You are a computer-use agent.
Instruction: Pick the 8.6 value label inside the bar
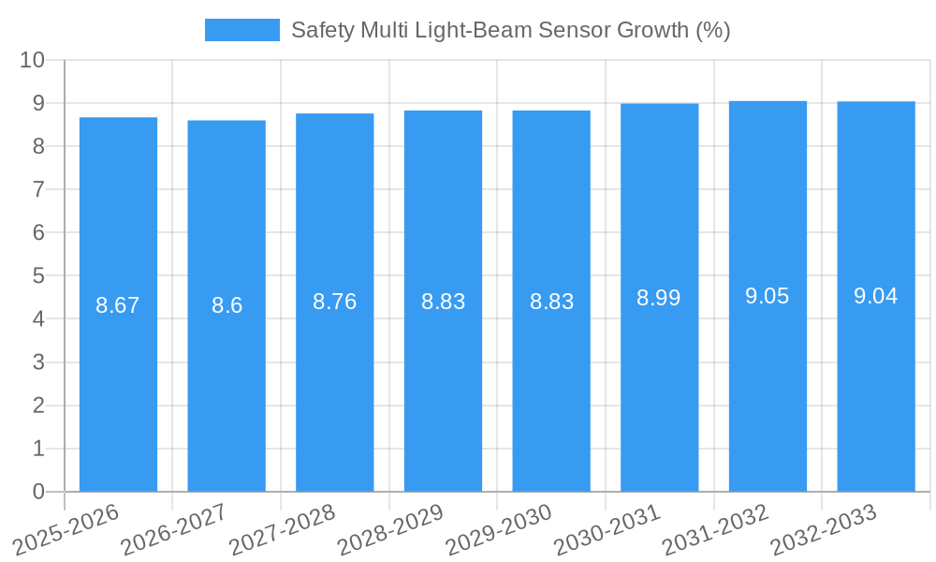(x=227, y=305)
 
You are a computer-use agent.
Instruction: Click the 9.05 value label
(x=768, y=297)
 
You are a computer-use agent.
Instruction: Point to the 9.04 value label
(x=875, y=297)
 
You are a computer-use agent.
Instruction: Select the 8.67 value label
(x=118, y=305)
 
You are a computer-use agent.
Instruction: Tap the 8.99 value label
(x=659, y=298)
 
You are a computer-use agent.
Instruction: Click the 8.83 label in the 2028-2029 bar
(x=443, y=302)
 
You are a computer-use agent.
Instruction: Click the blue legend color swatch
(x=241, y=30)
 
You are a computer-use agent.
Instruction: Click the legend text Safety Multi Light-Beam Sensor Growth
(x=510, y=30)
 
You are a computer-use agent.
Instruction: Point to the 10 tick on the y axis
(x=33, y=60)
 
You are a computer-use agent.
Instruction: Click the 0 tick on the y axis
(x=38, y=492)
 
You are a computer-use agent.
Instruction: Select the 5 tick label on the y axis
(x=38, y=276)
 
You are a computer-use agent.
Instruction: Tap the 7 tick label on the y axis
(x=38, y=189)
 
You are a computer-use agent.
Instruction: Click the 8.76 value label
(x=334, y=302)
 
